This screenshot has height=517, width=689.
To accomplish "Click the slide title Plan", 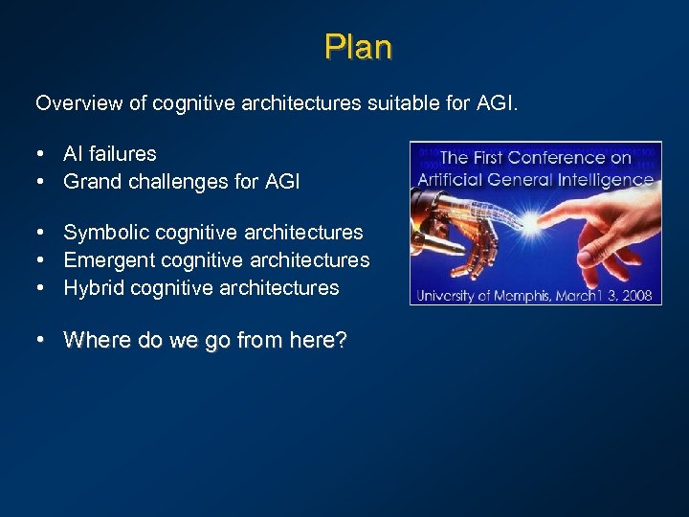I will (x=358, y=46).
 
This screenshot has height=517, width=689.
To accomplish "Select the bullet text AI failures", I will (x=110, y=153).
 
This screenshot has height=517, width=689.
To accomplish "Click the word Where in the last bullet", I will (x=93, y=340).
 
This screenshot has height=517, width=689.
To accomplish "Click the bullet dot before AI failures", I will (x=43, y=154).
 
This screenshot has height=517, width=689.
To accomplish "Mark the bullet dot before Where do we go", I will (x=43, y=341).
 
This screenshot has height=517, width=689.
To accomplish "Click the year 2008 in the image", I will (x=635, y=295).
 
